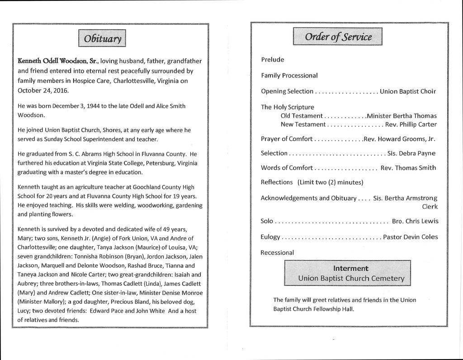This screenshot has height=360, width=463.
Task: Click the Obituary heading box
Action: pos(102,38)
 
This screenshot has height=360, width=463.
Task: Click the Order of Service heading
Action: pos(338,37)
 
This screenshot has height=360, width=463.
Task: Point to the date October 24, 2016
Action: pos(43,90)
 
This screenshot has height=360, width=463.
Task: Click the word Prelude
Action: pos(273,60)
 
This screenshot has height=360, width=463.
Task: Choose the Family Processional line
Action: pos(289,76)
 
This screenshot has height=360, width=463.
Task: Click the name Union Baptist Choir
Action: pos(408,91)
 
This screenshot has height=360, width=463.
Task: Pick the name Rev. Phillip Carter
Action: pos(411,124)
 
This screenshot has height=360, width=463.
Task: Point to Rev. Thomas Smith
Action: pos(408,168)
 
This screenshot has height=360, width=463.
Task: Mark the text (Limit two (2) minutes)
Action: pos(331,182)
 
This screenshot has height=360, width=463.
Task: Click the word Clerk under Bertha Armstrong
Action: pos(430,206)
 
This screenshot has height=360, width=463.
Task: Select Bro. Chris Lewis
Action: pos(415,221)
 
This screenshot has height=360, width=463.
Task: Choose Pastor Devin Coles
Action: pos(410,237)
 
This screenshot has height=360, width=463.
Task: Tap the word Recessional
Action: pos(277,252)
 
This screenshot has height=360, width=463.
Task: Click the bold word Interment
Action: pos(351,268)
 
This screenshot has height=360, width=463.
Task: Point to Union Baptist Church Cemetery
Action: pos(351,278)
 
